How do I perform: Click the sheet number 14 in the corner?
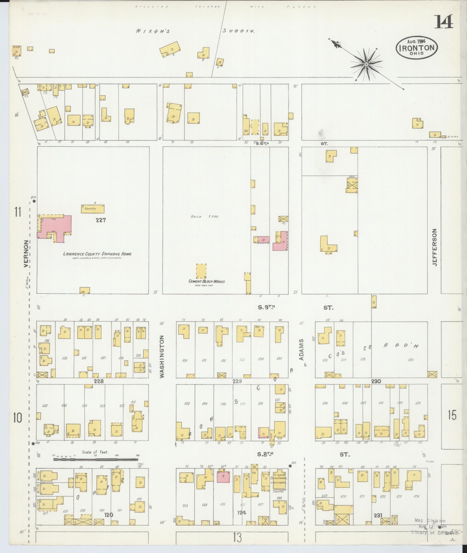pos(443,22)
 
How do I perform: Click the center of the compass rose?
pos(366,64)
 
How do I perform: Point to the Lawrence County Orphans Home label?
pos(97,254)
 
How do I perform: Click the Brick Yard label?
pos(201,216)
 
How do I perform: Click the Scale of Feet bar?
pos(96,459)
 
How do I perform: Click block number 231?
pos(378,515)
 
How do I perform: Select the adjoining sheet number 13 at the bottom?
pos(238,536)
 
